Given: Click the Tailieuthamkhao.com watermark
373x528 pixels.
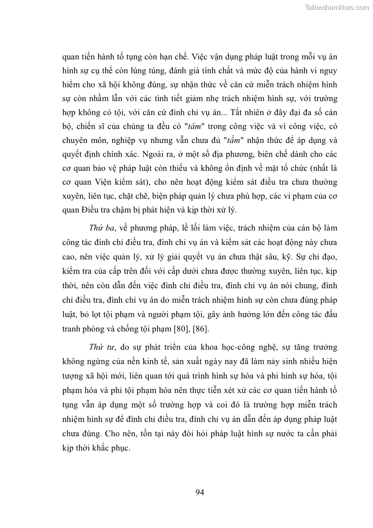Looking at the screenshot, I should tap(337, 7).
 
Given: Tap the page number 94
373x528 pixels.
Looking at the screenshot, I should tap(199, 492).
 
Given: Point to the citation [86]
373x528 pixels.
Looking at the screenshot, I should tap(227, 328).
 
